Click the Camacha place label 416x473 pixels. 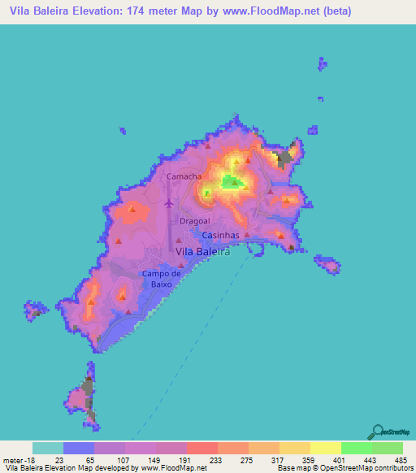click(183, 176)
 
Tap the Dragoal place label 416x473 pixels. click(194, 220)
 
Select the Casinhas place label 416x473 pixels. click(219, 236)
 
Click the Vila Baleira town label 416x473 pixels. click(204, 253)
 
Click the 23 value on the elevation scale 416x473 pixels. click(59, 459)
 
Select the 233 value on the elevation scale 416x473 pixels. click(214, 459)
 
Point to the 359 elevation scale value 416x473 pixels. click(308, 459)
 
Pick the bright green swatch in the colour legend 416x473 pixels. click(356, 448)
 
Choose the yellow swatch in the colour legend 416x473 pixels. click(325, 448)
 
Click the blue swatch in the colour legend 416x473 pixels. click(79, 448)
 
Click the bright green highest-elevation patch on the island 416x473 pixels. click(232, 182)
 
